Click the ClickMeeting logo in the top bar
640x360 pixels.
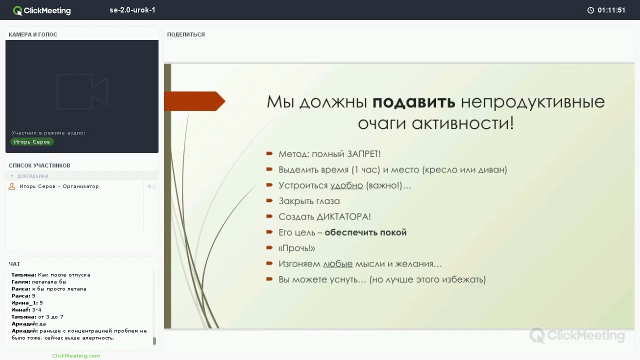click(x=41, y=10)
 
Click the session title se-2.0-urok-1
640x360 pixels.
click(x=132, y=10)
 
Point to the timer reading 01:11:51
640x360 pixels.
click(x=611, y=10)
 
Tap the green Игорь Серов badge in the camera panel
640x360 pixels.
click(x=32, y=141)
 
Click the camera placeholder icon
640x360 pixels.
click(x=82, y=91)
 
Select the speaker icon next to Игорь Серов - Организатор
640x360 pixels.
click(x=151, y=186)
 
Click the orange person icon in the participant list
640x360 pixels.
click(x=11, y=186)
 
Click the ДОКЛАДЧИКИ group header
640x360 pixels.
click(x=33, y=176)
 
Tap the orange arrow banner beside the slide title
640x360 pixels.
click(x=194, y=101)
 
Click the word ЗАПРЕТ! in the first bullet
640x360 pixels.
click(x=363, y=154)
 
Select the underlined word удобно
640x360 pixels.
click(x=346, y=185)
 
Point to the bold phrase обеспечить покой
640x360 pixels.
click(x=365, y=232)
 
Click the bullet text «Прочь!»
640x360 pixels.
click(x=296, y=248)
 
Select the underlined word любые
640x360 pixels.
click(x=337, y=263)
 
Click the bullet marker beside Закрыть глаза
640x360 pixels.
click(x=269, y=200)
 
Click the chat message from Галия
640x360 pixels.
click(x=39, y=281)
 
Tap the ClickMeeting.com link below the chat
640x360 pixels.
click(x=76, y=355)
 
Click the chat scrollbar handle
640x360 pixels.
click(x=154, y=341)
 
